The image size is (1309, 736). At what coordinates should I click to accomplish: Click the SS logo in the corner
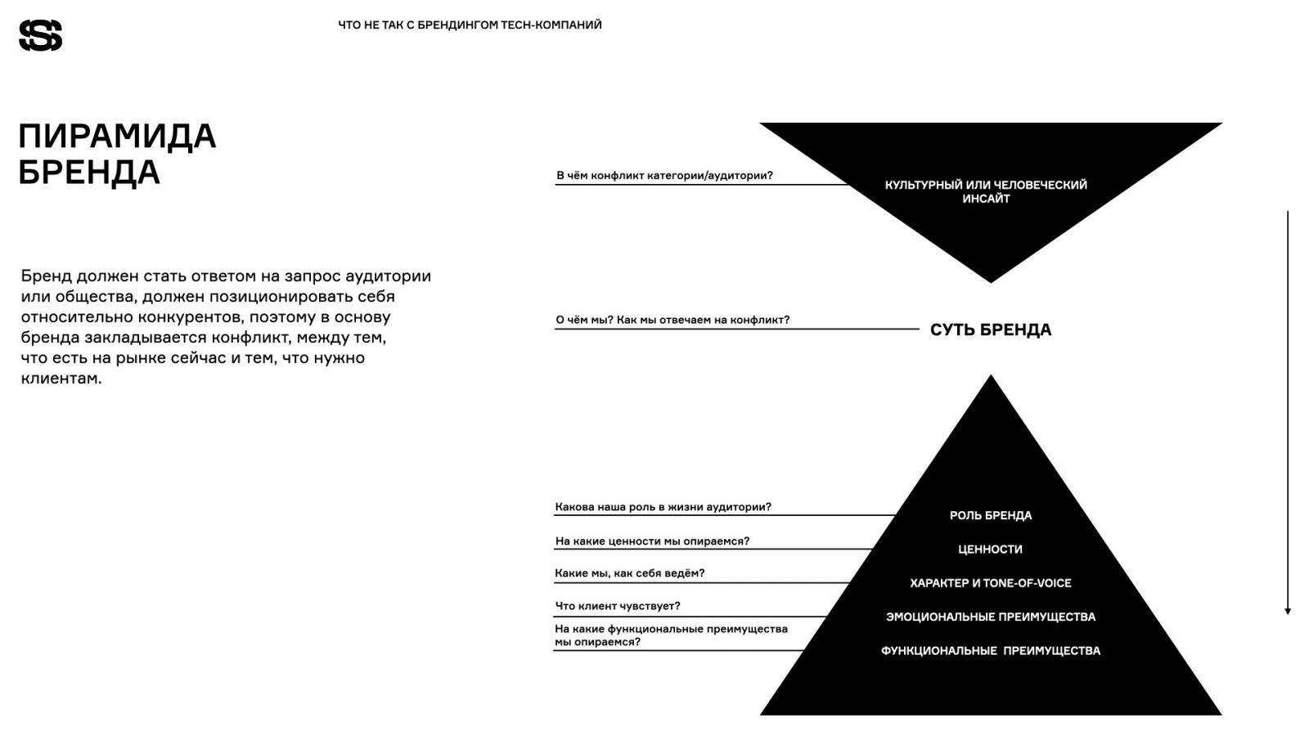[40, 35]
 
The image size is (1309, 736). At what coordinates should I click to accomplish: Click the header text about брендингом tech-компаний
[470, 25]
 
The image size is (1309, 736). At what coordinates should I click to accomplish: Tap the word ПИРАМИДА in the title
[117, 136]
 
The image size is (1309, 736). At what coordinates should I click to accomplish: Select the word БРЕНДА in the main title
[89, 173]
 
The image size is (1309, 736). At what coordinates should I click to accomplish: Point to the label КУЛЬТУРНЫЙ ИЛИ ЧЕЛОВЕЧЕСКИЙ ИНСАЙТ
[986, 191]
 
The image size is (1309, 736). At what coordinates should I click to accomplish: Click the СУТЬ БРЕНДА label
[991, 330]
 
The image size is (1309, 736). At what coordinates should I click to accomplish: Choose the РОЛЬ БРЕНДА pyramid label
[991, 515]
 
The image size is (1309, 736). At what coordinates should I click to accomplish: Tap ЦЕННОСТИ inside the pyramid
[990, 550]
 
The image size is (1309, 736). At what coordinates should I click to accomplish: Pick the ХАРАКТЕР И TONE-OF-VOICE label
[991, 583]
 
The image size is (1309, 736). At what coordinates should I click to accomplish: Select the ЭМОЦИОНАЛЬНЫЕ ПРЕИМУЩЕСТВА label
[991, 617]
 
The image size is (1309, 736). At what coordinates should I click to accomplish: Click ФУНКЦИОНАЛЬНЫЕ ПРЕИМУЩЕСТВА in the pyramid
[991, 651]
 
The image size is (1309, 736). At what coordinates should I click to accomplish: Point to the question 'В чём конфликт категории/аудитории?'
[664, 175]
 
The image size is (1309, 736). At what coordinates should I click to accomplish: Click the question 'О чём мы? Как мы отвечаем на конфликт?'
[672, 320]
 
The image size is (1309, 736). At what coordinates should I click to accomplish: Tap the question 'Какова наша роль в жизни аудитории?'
[663, 507]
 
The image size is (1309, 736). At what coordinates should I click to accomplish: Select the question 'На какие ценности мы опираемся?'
[652, 541]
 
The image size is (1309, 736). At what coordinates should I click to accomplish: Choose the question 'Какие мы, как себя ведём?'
[629, 573]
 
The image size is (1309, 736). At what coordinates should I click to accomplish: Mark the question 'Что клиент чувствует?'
[618, 606]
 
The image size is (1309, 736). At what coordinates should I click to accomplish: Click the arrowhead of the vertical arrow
[1288, 610]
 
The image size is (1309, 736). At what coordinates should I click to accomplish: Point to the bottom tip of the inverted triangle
[991, 280]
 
